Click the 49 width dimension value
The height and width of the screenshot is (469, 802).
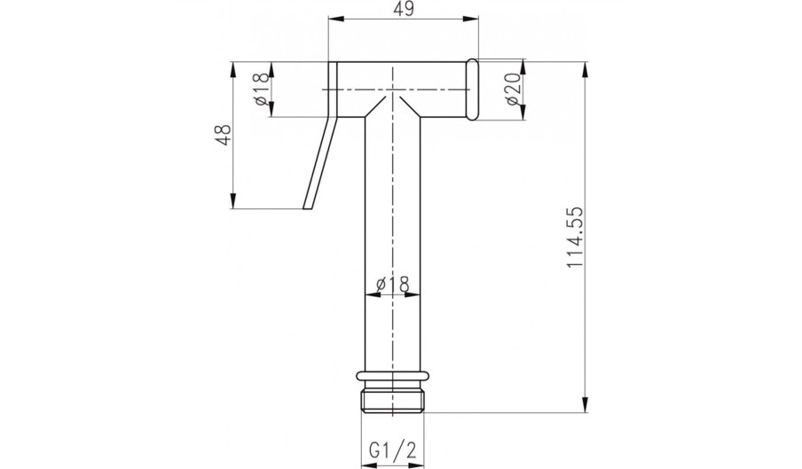[404, 11]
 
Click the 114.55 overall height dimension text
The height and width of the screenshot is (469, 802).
[575, 238]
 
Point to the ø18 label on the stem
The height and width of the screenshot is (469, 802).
[392, 284]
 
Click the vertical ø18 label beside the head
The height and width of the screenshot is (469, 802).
[260, 90]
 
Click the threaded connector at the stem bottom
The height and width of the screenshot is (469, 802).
[393, 401]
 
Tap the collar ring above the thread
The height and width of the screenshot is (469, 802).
[393, 377]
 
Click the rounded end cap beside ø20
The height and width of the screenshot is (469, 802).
[472, 90]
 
